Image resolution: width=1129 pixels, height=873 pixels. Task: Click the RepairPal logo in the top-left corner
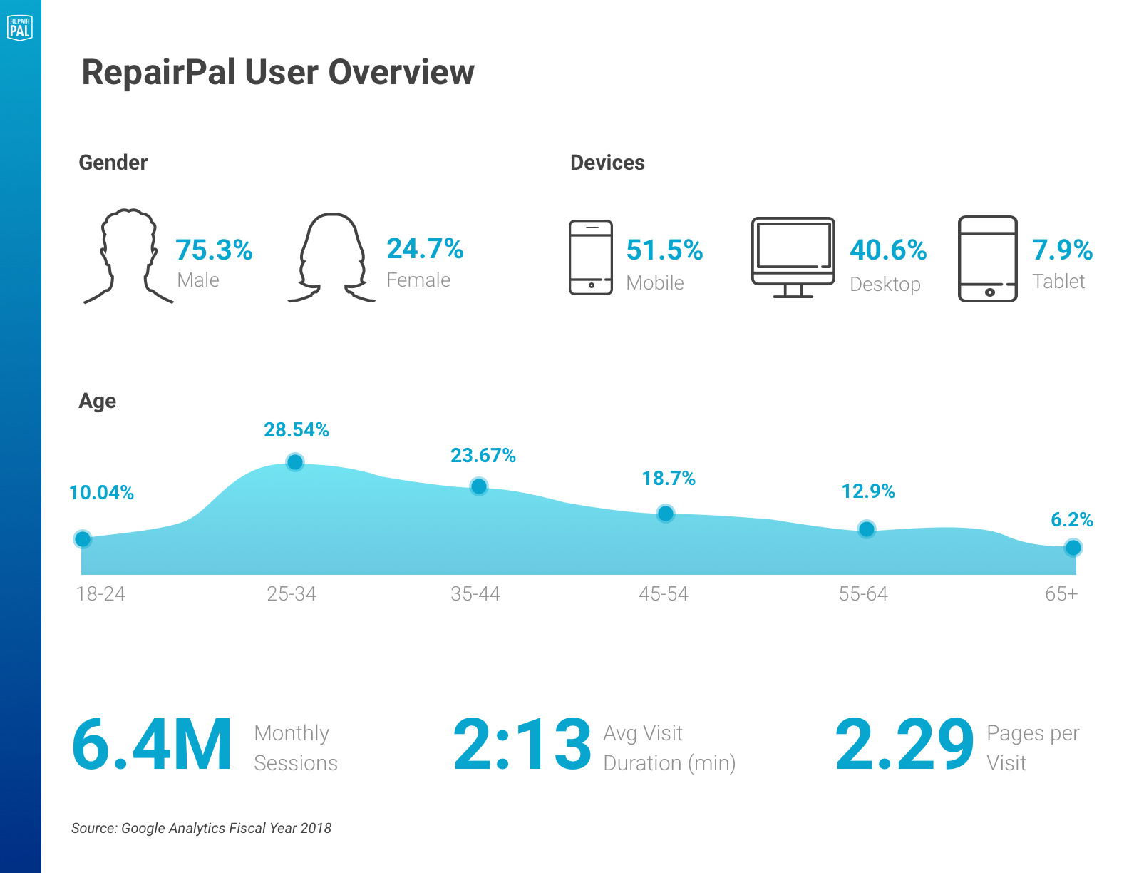click(x=20, y=28)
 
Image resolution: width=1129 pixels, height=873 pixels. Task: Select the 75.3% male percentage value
click(x=214, y=250)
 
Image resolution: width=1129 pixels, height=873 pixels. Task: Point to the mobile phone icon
click(x=591, y=257)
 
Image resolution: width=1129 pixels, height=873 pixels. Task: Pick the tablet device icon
click(x=987, y=258)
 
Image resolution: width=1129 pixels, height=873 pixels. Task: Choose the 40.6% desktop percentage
click(x=888, y=250)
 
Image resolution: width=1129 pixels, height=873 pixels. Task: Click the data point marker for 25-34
click(x=295, y=463)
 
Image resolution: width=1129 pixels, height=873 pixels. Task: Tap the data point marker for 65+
click(x=1073, y=548)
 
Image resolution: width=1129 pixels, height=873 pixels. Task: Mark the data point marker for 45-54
click(x=666, y=514)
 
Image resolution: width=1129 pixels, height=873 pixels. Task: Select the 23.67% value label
click(x=483, y=456)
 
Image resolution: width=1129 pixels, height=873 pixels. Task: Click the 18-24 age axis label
click(x=100, y=593)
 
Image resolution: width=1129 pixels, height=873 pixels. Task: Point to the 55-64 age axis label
click(x=863, y=593)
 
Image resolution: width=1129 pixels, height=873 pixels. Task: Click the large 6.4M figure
click(x=152, y=745)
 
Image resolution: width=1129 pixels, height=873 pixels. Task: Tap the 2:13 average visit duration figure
click(x=522, y=745)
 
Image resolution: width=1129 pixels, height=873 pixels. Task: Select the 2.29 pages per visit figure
click(x=904, y=745)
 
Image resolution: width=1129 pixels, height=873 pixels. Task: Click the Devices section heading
click(x=607, y=163)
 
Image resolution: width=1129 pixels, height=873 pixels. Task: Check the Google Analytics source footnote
click(x=201, y=828)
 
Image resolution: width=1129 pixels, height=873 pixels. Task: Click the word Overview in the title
click(x=401, y=73)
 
